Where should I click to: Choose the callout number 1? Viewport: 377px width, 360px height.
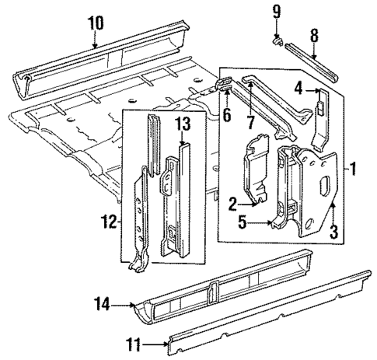[354, 167]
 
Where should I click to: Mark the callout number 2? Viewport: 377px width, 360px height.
[232, 204]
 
